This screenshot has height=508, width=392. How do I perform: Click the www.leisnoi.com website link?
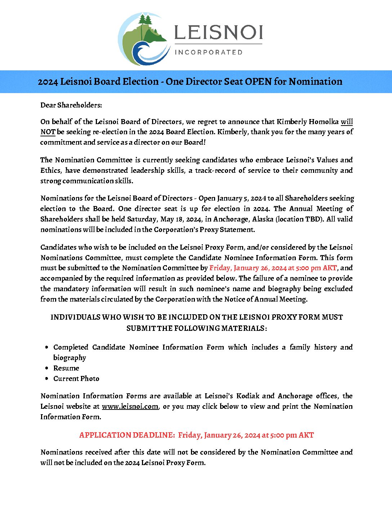(x=130, y=406)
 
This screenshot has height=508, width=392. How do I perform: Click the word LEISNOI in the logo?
(x=218, y=32)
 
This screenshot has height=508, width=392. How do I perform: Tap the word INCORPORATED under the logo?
(x=208, y=52)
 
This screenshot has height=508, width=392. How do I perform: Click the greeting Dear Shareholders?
(x=71, y=105)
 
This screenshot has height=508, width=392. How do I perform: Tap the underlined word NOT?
(x=48, y=132)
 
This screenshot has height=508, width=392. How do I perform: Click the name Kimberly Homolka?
(x=307, y=122)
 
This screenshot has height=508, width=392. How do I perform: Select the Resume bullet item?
(x=66, y=368)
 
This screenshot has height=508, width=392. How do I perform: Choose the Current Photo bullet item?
(x=76, y=378)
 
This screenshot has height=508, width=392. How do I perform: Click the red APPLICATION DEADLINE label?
(x=127, y=435)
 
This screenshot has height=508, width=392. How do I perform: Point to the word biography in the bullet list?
(x=70, y=358)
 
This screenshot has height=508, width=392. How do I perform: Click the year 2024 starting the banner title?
(x=48, y=82)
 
